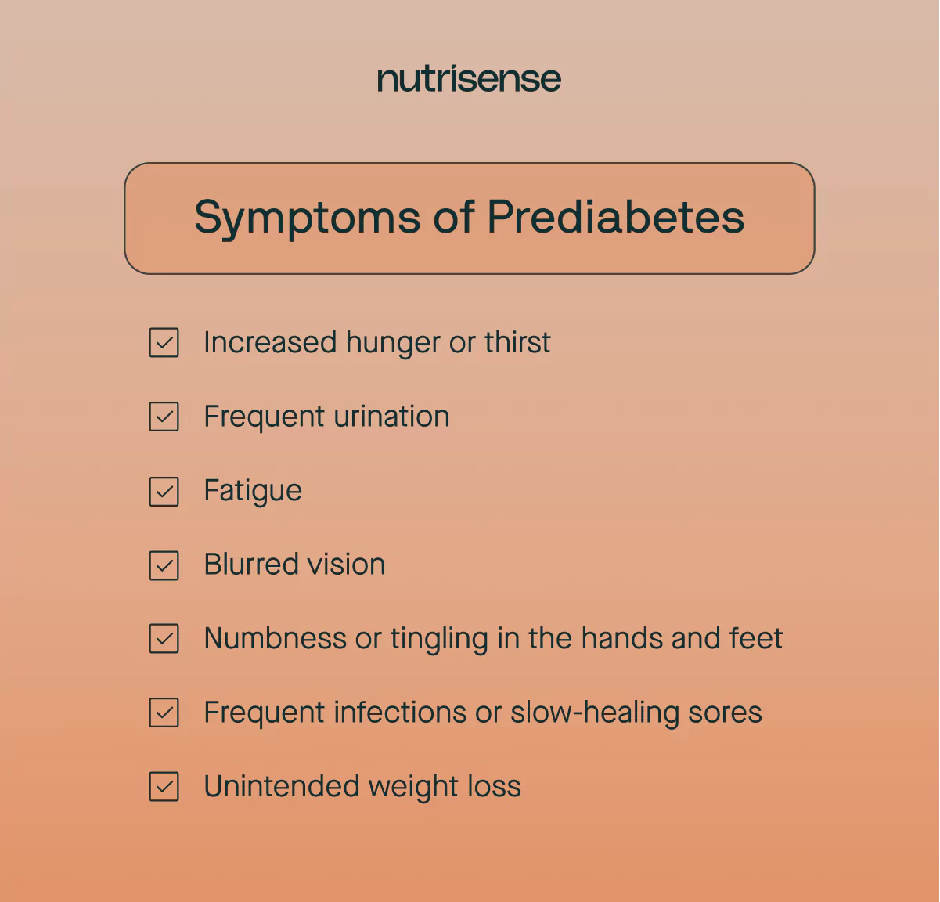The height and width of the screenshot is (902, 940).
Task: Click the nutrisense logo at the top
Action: pyautogui.click(x=469, y=79)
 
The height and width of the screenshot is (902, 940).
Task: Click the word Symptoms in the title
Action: pyautogui.click(x=307, y=218)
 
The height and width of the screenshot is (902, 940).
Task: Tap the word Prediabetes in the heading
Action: pyautogui.click(x=615, y=217)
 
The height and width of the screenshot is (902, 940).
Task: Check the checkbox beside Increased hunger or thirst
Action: pyautogui.click(x=164, y=343)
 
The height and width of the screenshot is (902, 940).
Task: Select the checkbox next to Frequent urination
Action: pyautogui.click(x=164, y=417)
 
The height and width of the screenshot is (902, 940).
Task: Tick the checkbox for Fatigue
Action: pyautogui.click(x=164, y=492)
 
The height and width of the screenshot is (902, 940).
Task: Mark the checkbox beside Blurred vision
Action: pyautogui.click(x=164, y=565)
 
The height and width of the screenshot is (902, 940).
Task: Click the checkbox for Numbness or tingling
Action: pyautogui.click(x=164, y=639)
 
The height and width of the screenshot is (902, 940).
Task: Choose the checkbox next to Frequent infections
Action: pyautogui.click(x=164, y=713)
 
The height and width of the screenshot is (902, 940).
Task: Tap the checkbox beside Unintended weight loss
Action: pyautogui.click(x=164, y=787)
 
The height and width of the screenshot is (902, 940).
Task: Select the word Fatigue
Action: pyautogui.click(x=253, y=491)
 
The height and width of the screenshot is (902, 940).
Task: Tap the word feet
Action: pyautogui.click(x=756, y=638)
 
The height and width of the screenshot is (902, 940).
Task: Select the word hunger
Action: pyautogui.click(x=393, y=343)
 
